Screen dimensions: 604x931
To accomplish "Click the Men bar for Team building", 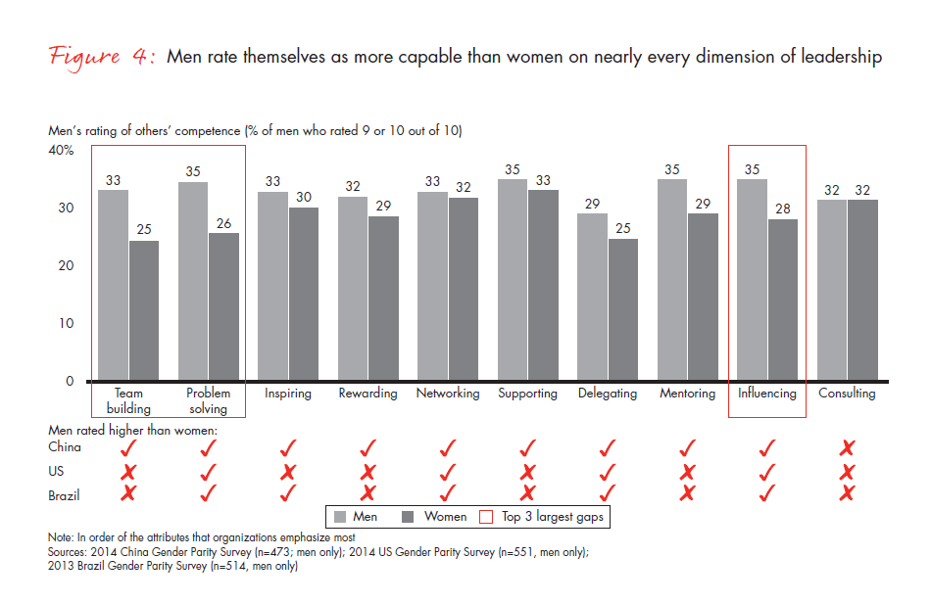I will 114,285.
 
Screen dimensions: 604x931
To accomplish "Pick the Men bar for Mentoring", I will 672,280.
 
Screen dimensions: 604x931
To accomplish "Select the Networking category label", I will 448,394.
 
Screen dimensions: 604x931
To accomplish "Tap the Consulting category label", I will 847,394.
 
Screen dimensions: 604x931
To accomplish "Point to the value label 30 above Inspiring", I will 303,197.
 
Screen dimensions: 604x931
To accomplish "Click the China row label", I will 65,447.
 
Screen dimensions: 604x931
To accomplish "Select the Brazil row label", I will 65,495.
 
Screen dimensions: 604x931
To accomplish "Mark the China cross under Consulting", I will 848,447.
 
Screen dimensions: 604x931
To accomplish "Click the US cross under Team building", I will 127,471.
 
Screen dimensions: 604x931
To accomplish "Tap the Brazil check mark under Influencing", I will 768,493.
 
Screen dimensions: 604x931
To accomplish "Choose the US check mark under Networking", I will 448,470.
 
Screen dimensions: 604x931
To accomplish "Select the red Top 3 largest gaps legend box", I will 485,516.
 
